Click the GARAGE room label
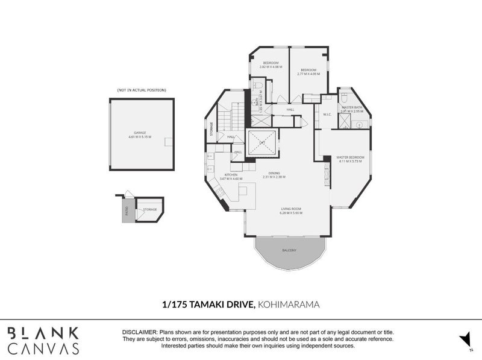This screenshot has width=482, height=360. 140,132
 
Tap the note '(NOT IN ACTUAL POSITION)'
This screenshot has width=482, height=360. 142,90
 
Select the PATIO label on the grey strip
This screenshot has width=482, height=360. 127,212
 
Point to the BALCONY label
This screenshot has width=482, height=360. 289,250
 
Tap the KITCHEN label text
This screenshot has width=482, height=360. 231,175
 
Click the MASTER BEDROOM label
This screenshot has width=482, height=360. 351,157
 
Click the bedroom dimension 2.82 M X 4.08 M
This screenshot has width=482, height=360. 270,67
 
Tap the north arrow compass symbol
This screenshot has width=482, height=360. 463,339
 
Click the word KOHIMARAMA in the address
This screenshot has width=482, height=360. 288,306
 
